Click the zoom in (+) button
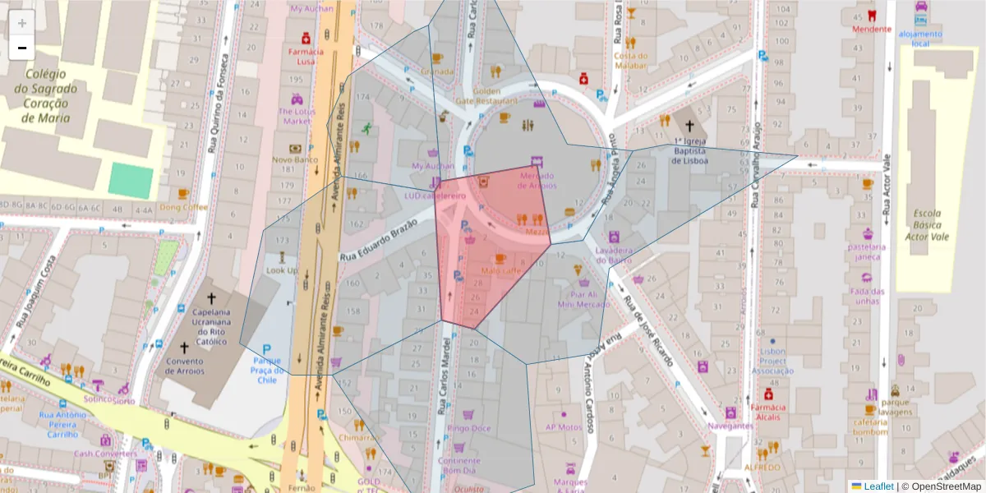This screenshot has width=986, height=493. point(22,23)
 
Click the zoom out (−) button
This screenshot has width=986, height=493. point(22,48)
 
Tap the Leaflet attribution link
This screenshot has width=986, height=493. point(878,486)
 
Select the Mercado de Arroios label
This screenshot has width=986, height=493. point(537,180)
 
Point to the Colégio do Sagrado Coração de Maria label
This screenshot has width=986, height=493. point(51,95)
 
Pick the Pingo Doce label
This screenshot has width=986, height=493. point(470,428)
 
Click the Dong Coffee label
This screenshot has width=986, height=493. point(184,207)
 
